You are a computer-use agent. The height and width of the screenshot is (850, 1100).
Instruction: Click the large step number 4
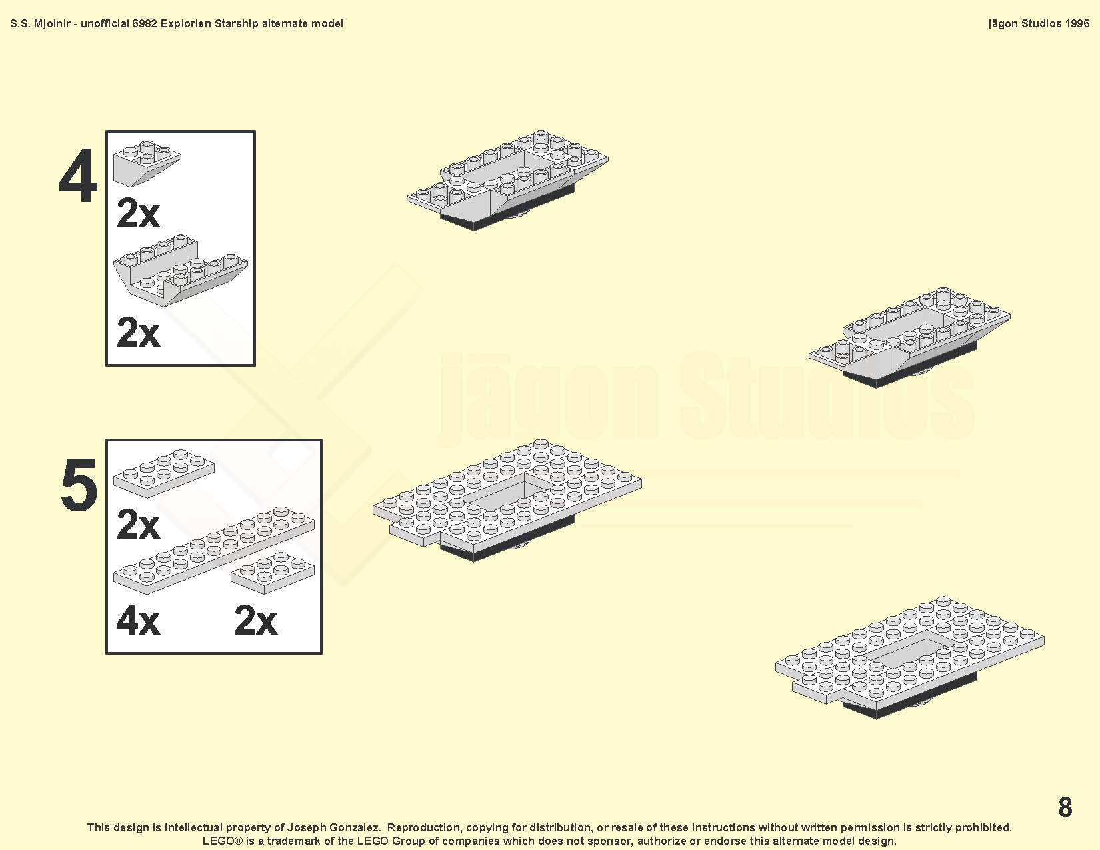pyautogui.click(x=77, y=176)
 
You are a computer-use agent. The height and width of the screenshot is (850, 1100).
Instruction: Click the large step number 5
pyautogui.click(x=79, y=484)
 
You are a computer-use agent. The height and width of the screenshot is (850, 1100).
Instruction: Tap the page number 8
pyautogui.click(x=1065, y=807)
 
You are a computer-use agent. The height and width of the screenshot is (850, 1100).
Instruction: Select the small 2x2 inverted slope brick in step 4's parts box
pyautogui.click(x=147, y=163)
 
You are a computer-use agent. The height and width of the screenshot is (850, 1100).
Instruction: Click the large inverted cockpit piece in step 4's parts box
pyautogui.click(x=180, y=270)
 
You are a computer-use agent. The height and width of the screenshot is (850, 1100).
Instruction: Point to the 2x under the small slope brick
pyautogui.click(x=138, y=213)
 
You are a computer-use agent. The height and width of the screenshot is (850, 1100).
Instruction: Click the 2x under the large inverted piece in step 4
pyautogui.click(x=138, y=333)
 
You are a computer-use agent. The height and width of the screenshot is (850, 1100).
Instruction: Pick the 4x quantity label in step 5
pyautogui.click(x=138, y=621)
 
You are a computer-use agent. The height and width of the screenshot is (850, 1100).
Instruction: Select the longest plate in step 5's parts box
pyautogui.click(x=213, y=550)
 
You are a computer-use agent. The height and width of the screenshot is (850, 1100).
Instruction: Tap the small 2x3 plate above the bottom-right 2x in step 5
pyautogui.click(x=273, y=573)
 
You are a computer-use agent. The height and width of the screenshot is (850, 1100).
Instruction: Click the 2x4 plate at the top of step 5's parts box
pyautogui.click(x=163, y=473)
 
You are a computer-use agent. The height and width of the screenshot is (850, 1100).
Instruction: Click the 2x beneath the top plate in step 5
pyautogui.click(x=138, y=525)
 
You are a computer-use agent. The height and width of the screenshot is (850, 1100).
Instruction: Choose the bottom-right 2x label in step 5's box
pyautogui.click(x=255, y=621)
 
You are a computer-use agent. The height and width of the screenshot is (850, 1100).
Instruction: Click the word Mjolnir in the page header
pyautogui.click(x=51, y=24)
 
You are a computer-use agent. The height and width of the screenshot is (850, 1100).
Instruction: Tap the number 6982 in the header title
pyautogui.click(x=145, y=24)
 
